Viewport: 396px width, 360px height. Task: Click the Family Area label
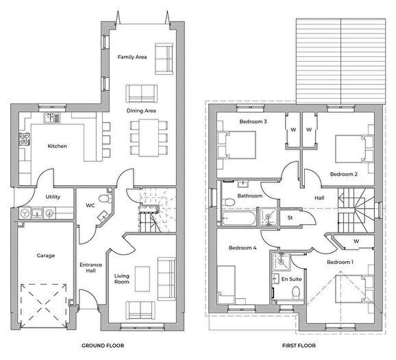[132, 57]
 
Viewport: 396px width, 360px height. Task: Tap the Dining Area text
[141, 110]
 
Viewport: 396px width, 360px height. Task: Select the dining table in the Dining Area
[149, 138]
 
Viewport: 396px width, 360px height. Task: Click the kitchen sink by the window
[52, 118]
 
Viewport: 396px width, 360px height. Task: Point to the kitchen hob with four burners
[24, 139]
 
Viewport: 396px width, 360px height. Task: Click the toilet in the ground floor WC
[106, 198]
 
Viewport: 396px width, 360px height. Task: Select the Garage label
[46, 256]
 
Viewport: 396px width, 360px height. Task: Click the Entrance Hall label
[90, 267]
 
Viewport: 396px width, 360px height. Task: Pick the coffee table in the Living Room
[143, 279]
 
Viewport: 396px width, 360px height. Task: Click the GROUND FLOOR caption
[103, 346]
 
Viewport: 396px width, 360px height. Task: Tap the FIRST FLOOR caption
[299, 346]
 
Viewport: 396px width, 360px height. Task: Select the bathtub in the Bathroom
[238, 219]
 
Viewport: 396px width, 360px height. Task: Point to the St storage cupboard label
[290, 217]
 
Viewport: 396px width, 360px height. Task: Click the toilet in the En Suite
[295, 293]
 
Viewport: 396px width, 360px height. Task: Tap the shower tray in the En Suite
[281, 261]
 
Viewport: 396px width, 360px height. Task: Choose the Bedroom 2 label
[344, 174]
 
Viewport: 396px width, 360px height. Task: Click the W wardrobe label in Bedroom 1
[356, 241]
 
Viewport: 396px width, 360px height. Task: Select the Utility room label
[53, 197]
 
